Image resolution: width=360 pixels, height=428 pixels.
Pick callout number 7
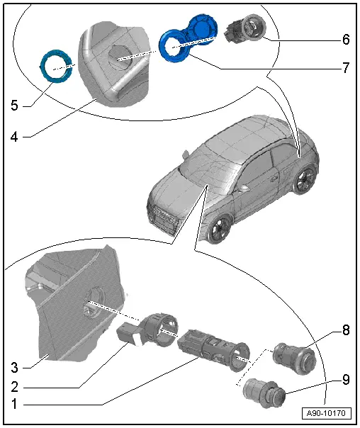(x=345, y=69)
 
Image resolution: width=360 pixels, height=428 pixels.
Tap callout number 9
(x=345, y=379)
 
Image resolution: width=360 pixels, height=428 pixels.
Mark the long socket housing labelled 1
(x=213, y=347)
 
